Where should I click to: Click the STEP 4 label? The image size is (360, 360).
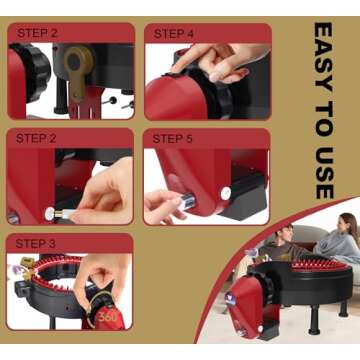coord(173,34)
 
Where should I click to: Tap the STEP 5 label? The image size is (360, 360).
coord(172,139)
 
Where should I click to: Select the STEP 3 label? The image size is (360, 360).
coord(35,244)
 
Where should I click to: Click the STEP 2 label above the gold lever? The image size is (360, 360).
coord(37,33)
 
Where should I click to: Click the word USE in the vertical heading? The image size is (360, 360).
coord(324,172)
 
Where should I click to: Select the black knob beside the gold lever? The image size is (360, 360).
coord(34,72)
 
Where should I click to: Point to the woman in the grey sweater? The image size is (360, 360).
coord(338,239)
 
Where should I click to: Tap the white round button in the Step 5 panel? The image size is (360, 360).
coord(226,193)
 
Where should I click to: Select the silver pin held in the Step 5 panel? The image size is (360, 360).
coord(187,202)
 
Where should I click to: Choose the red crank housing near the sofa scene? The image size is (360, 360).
coord(247,303)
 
